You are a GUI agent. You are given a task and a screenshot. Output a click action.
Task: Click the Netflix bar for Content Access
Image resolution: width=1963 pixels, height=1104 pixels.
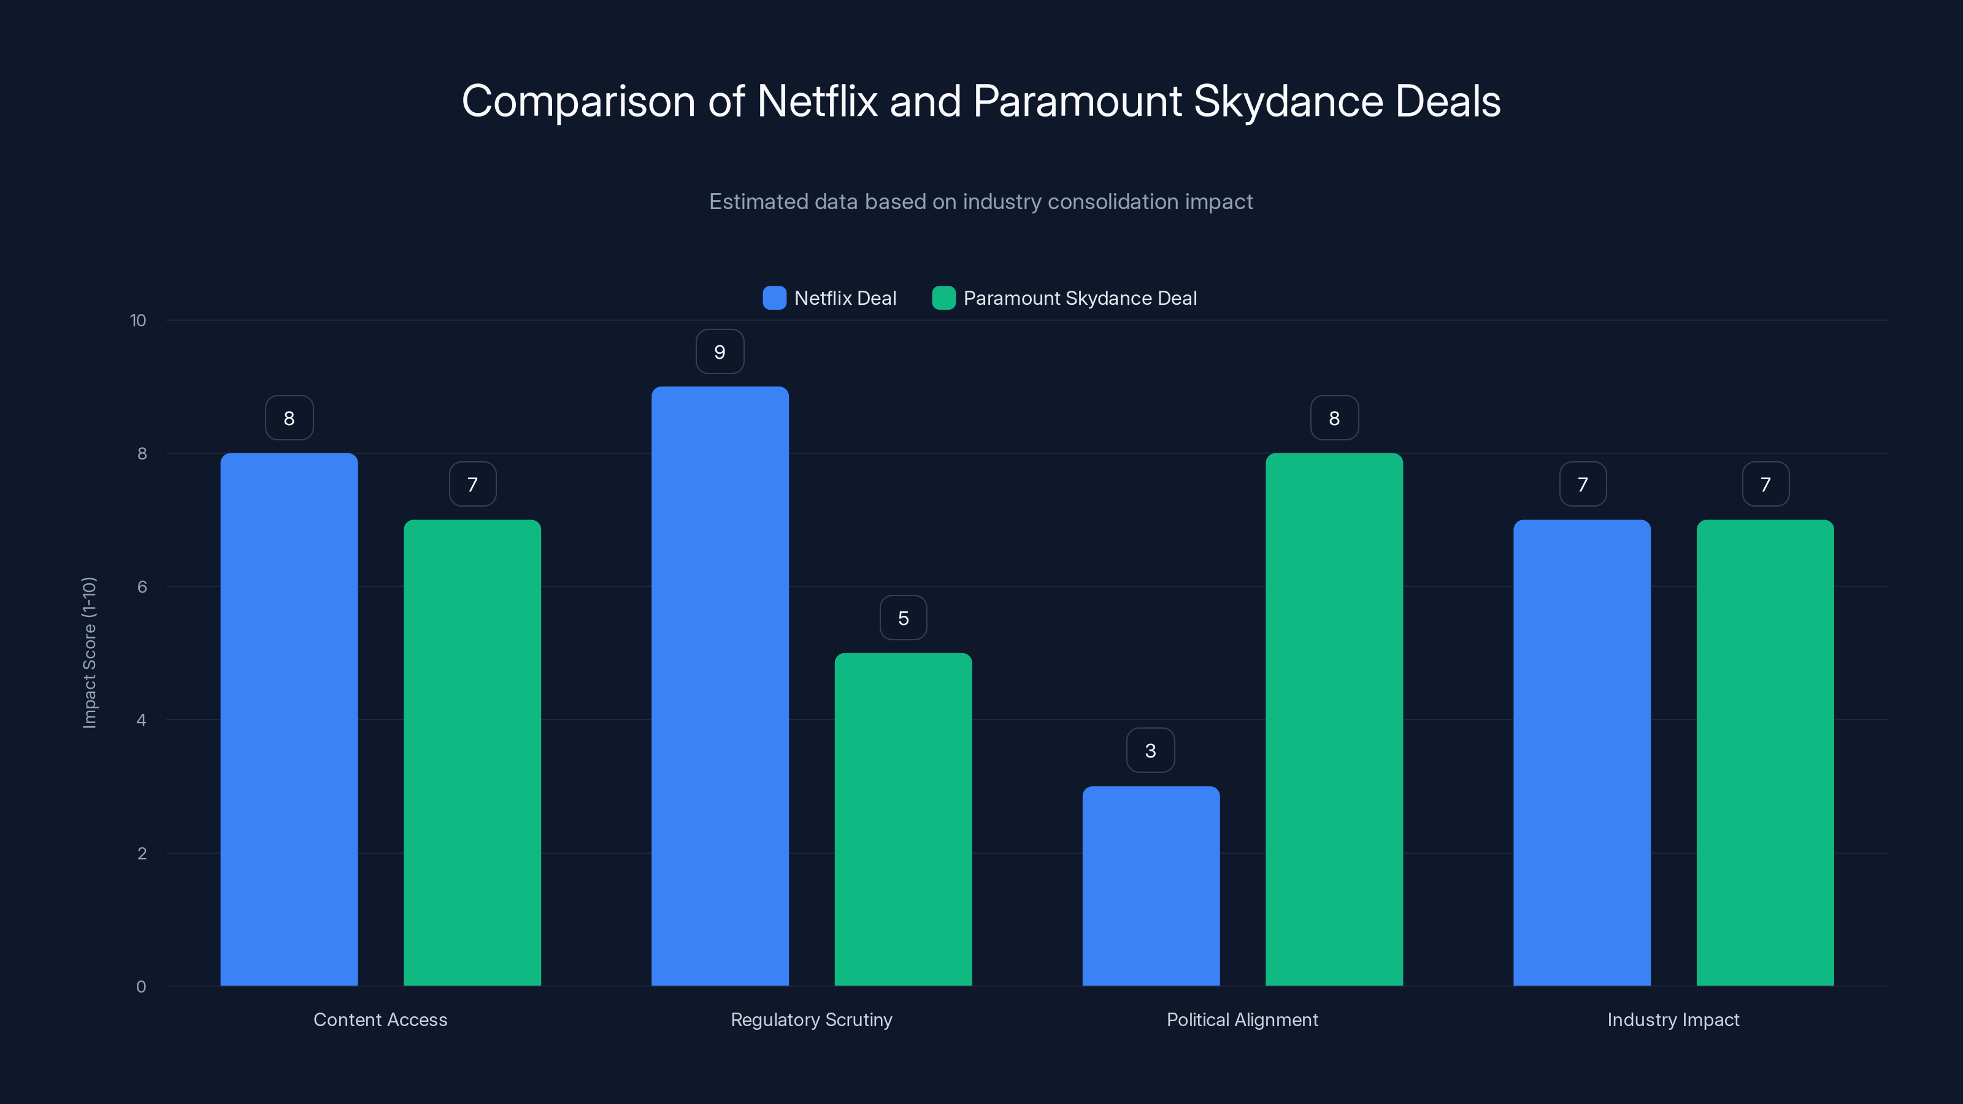289,719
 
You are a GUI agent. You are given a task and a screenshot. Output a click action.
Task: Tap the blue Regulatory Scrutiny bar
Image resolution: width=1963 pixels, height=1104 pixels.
720,686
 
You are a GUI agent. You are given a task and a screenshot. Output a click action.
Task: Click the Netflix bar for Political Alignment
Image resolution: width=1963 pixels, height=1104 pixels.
1151,886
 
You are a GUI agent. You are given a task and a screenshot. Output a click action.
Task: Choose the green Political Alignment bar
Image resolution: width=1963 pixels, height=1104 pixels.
1334,719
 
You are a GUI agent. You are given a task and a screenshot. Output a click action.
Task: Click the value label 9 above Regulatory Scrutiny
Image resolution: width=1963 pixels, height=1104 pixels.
720,352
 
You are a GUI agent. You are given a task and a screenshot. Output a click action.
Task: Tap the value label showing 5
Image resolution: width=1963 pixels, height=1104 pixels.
903,618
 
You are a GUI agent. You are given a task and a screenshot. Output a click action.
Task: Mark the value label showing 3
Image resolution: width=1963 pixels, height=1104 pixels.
1151,751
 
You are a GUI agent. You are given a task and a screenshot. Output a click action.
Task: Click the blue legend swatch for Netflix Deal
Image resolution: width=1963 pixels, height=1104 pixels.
774,298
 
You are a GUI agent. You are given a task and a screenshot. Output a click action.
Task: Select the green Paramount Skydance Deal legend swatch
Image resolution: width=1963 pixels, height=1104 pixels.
943,298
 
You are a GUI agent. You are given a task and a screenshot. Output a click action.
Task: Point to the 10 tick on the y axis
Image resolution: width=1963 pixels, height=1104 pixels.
138,321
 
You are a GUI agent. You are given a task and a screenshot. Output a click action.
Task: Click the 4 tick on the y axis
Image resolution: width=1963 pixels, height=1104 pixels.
141,720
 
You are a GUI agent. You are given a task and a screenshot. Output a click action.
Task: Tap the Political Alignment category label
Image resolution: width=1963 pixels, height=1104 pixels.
1242,1019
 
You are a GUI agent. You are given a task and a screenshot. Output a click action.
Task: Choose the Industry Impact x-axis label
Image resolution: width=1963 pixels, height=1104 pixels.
1673,1019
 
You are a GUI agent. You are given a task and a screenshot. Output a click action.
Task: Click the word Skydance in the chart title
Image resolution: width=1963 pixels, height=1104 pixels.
1288,101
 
